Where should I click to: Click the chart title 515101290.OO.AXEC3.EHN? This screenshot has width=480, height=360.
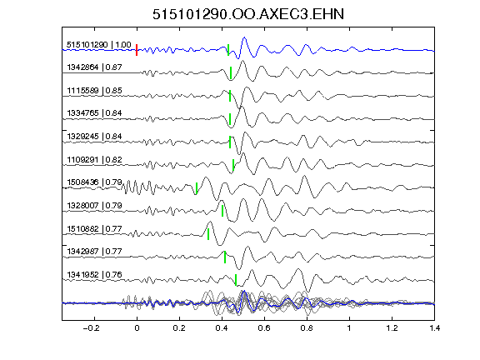pos(248,14)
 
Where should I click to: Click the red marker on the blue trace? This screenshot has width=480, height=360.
pos(137,50)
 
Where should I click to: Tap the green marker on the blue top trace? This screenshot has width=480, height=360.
pos(228,50)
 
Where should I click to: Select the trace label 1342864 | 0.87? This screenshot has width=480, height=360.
pos(95,67)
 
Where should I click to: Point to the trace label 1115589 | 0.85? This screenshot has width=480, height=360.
pos(95,91)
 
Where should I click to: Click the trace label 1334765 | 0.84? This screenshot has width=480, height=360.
pos(95,113)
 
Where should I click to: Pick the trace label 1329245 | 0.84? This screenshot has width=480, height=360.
pos(95,137)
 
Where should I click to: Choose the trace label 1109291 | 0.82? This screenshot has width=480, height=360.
pos(95,160)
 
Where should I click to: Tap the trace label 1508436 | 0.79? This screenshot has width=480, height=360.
pos(95,182)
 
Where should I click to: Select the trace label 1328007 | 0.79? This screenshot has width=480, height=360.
pos(95,205)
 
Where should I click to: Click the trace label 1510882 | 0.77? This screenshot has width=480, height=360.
pos(95,229)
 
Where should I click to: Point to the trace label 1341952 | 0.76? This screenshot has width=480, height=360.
pos(95,275)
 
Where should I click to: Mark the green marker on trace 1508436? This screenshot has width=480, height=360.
pos(197,188)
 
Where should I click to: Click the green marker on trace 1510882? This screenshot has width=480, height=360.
pos(208,234)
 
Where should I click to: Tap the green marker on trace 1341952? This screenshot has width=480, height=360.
pos(236,280)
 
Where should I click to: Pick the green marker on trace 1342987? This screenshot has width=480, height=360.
pos(225,257)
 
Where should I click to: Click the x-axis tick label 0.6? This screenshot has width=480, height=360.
pos(264,328)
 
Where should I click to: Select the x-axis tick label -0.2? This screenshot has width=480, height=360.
pos(91,328)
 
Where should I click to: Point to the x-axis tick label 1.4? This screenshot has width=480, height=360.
pos(435,328)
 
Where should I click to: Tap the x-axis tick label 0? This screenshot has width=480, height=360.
pos(137,328)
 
